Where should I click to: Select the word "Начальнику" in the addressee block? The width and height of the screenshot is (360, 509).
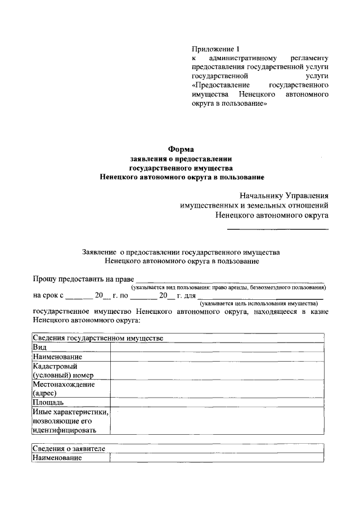(260, 196)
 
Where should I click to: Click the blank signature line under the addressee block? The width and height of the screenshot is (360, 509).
(277, 228)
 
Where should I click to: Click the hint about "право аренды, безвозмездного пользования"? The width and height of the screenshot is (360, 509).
(226, 287)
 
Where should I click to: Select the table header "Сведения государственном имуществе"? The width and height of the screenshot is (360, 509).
(98, 338)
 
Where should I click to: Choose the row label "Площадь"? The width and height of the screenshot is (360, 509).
(48, 403)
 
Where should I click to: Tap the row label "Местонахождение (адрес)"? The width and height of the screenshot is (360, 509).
(64, 389)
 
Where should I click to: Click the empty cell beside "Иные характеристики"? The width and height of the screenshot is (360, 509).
(217, 421)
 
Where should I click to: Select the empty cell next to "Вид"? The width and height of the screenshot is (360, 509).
(217, 348)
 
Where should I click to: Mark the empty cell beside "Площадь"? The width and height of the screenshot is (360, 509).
(217, 403)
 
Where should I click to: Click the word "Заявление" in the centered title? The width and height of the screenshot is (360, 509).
(98, 253)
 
